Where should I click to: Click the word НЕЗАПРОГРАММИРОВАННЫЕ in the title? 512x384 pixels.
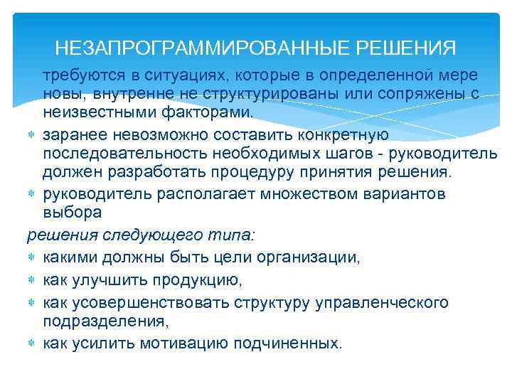(x=198, y=49)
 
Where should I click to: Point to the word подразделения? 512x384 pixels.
(x=105, y=321)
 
